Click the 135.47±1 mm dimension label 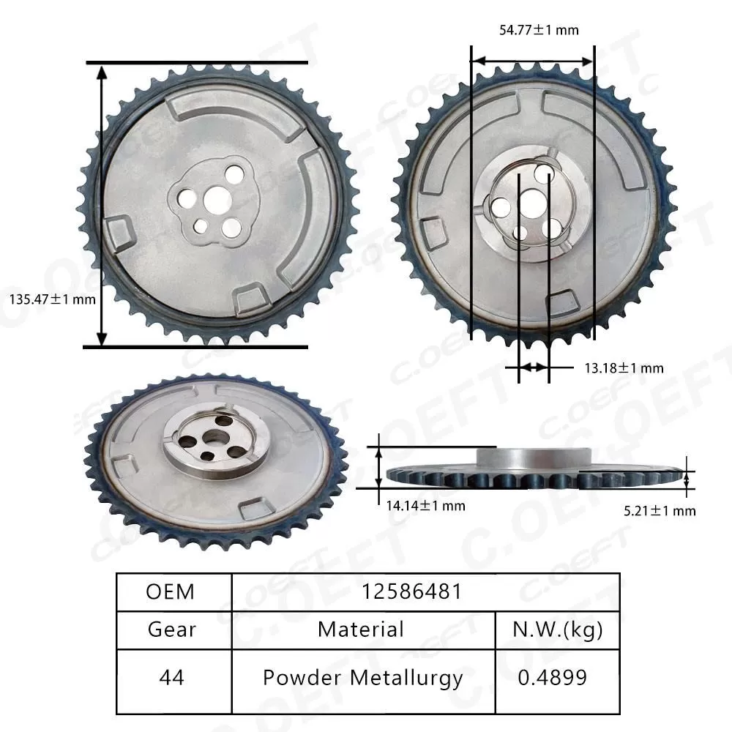(x=51, y=299)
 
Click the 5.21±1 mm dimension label (x=660, y=510)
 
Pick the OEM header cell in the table (x=171, y=591)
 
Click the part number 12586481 (x=411, y=591)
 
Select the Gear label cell (x=171, y=629)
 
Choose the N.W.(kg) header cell (x=557, y=629)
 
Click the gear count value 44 (x=171, y=677)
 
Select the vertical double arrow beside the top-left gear (x=102, y=205)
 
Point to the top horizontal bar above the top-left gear (x=197, y=63)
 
